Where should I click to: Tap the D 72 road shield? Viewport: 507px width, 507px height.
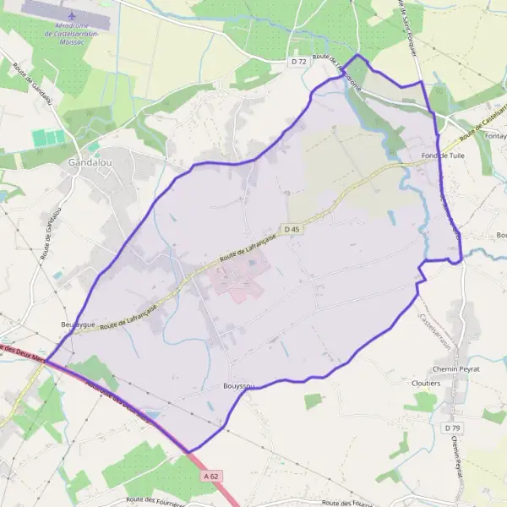298,62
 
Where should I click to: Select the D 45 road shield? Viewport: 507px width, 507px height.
292,229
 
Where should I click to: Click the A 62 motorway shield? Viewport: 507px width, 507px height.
212,477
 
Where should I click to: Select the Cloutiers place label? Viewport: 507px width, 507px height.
425,383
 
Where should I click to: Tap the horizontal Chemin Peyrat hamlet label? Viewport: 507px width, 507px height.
456,369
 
